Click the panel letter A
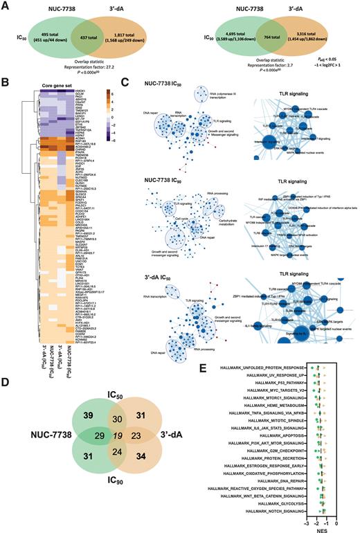tap(6, 5)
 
